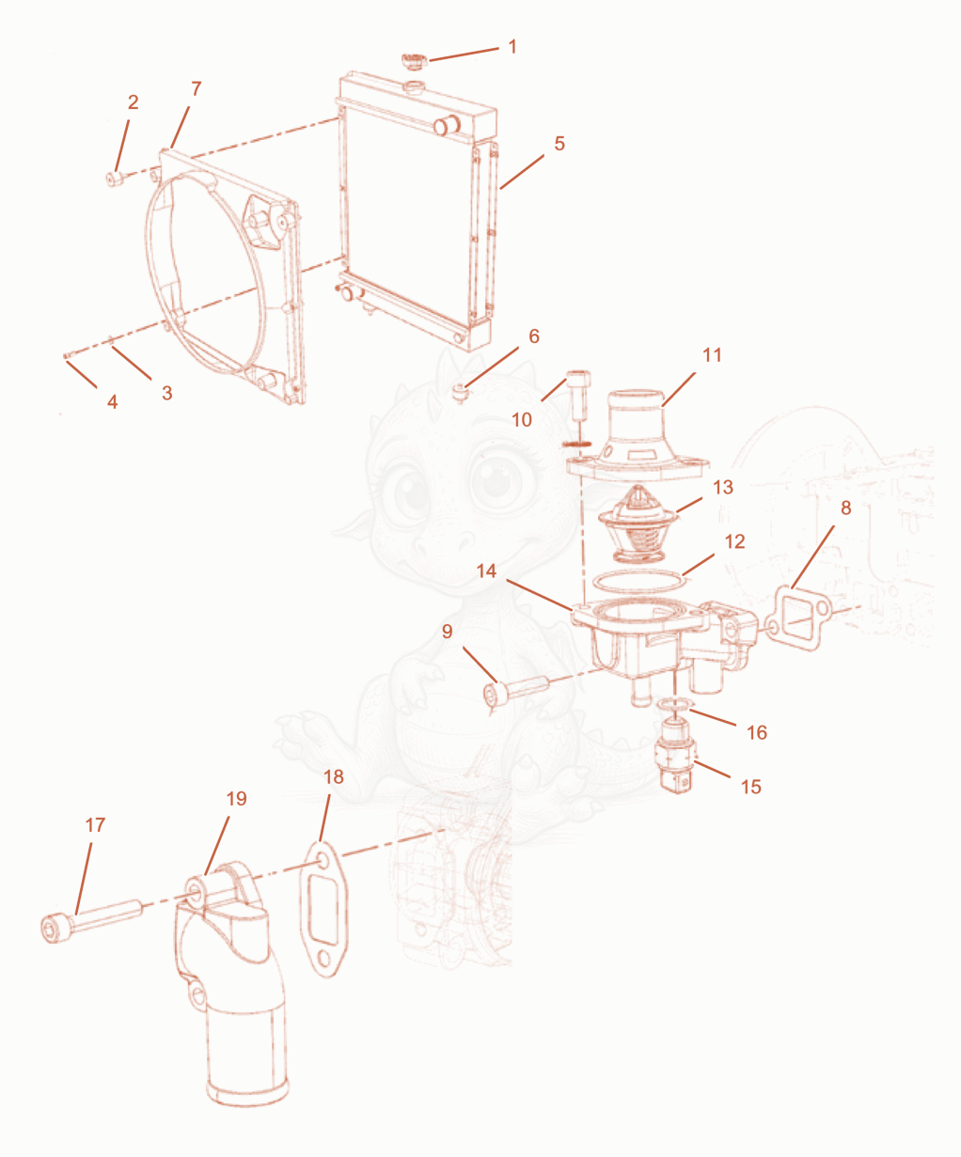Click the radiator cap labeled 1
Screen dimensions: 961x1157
413,60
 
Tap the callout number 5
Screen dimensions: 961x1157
559,144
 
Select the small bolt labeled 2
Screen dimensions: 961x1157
114,179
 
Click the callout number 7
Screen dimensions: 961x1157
197,88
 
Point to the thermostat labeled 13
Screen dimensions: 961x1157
638,524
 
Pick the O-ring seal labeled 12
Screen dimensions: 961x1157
639,581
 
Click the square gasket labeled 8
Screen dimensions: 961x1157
797,618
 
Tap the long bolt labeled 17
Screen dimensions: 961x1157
91,920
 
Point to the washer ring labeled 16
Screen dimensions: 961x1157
674,705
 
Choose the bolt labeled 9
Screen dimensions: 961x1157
516,691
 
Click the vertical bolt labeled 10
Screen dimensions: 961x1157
577,398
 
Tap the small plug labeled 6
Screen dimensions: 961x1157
460,394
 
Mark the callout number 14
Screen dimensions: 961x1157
486,571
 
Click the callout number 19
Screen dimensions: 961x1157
236,799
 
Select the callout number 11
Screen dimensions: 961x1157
712,355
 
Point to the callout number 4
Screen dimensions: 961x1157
112,401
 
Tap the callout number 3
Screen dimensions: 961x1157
167,393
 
